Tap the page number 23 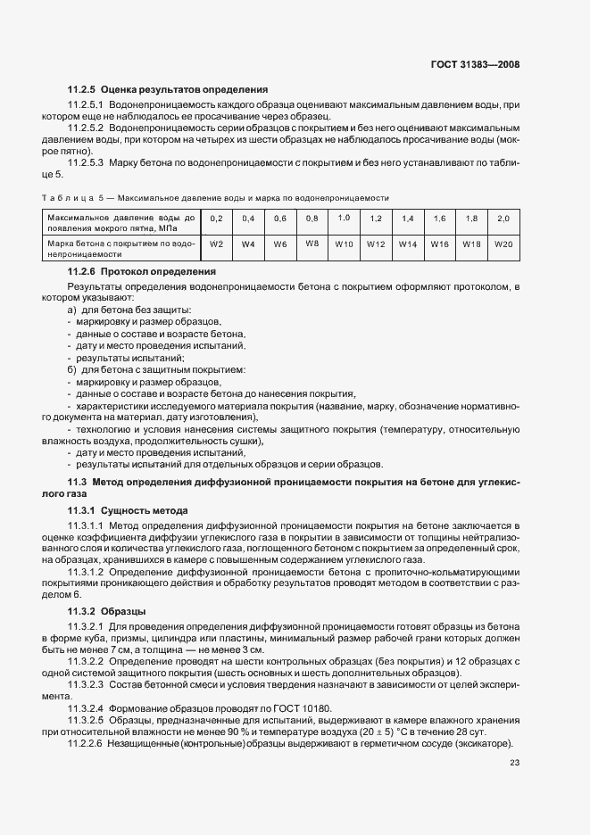coord(514,762)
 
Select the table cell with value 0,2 coord(216,219)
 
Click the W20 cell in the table coord(504,244)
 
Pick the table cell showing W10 coord(344,244)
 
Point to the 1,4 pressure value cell coord(408,219)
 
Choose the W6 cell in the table coord(280,244)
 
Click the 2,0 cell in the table coord(504,219)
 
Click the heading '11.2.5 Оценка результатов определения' coord(168,90)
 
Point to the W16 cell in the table coord(440,244)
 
